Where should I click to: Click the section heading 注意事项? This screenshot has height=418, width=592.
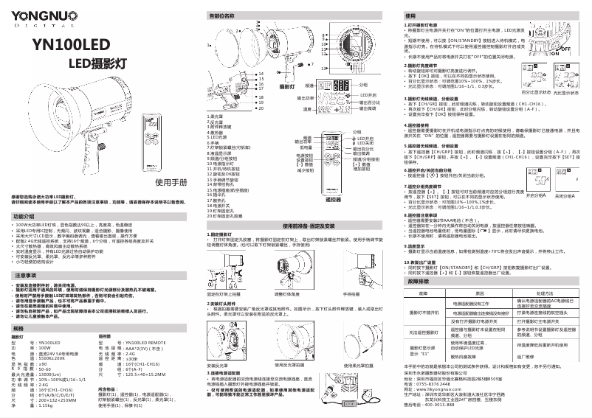coord(25,275)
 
